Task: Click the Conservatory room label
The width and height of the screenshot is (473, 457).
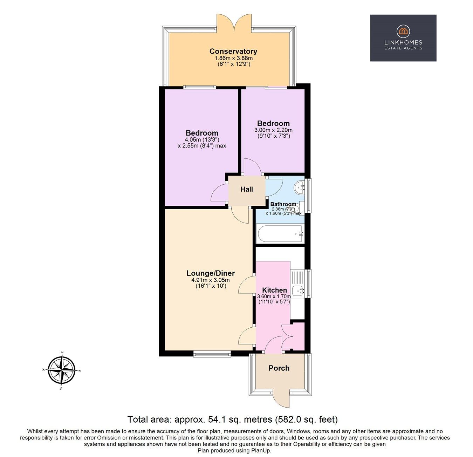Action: pos(233,51)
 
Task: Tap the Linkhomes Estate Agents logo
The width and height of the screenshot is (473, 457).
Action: pos(403,38)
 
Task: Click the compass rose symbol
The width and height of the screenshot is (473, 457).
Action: pos(62,370)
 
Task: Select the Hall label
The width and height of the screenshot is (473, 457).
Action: pos(247,189)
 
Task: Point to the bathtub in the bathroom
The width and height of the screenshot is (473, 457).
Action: pos(280,234)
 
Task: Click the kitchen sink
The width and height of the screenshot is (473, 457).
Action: pos(298,290)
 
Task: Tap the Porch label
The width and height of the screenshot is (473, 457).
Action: pos(279,368)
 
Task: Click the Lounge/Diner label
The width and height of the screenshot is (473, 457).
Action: pos(210,273)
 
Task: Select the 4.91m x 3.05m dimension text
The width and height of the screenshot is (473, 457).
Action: pos(210,280)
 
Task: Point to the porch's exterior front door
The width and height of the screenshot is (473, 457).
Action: pos(281,398)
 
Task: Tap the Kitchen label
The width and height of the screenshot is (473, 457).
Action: pos(274,290)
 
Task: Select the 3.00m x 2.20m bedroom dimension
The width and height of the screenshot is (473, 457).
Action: pos(273,130)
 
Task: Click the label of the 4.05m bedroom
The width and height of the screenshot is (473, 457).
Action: pos(202,133)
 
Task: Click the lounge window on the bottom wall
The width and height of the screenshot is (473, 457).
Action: pos(212,354)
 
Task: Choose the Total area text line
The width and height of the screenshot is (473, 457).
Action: pos(232,419)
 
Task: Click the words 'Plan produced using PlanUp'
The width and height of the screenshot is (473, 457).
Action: pos(234,451)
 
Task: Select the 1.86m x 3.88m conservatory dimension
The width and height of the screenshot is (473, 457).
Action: pos(234,58)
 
